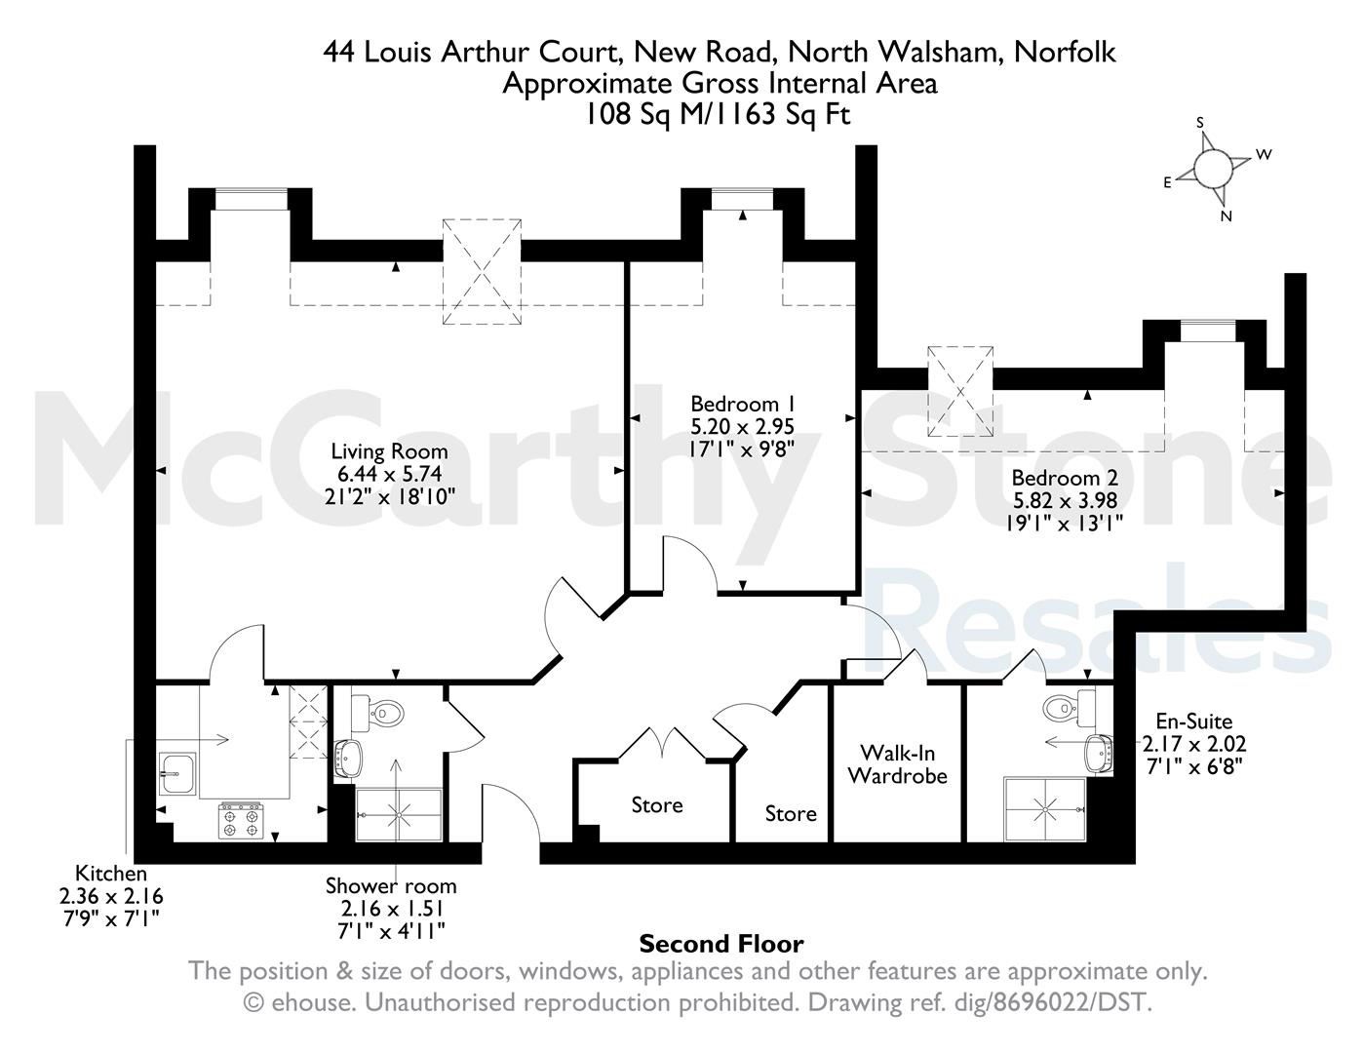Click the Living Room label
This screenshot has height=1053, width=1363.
click(x=389, y=450)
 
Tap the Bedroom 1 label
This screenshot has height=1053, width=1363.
click(x=742, y=403)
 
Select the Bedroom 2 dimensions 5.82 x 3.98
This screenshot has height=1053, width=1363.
click(x=1065, y=500)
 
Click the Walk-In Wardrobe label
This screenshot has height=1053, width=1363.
click(x=898, y=763)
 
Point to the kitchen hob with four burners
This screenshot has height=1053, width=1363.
click(x=241, y=821)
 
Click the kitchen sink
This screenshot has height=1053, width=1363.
click(x=176, y=772)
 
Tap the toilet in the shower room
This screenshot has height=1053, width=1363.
click(x=377, y=713)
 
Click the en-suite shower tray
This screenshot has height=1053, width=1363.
click(x=1045, y=809)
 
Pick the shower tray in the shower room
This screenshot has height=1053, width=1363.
click(x=399, y=815)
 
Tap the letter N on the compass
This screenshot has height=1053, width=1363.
click(x=1226, y=216)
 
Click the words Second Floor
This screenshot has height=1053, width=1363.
click(x=721, y=943)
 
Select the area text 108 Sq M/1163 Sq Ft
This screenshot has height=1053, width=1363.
click(x=718, y=114)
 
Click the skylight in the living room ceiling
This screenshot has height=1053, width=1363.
click(x=482, y=272)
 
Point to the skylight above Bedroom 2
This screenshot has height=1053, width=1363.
click(x=960, y=391)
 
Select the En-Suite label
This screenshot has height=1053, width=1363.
click(x=1194, y=721)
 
